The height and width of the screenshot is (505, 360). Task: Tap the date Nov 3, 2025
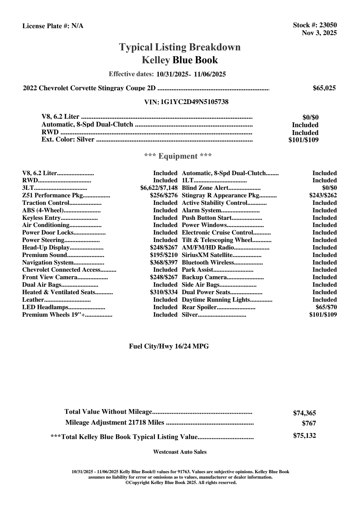coord(319,33)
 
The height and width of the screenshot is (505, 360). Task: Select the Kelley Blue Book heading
coord(180,60)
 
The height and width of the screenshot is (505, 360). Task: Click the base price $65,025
coord(324,88)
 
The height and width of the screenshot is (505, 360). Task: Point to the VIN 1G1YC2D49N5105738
coord(194,102)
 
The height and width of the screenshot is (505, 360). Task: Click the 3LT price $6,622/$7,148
coord(159,188)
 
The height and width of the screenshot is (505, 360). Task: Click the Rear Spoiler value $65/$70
coord(326,307)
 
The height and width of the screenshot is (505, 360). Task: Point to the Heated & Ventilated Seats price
coord(164,292)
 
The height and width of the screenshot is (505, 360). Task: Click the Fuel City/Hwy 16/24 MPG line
coord(169,346)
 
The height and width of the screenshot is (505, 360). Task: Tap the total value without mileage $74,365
coord(304,413)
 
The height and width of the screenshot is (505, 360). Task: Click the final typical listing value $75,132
coord(304,436)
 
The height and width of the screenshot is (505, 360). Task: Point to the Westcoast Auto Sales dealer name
coord(180,452)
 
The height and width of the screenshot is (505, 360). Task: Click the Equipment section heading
coord(178,156)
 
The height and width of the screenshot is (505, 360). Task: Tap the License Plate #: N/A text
coord(53,26)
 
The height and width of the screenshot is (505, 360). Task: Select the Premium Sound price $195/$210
coord(164,255)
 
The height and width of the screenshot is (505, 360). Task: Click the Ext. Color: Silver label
coord(68,139)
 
